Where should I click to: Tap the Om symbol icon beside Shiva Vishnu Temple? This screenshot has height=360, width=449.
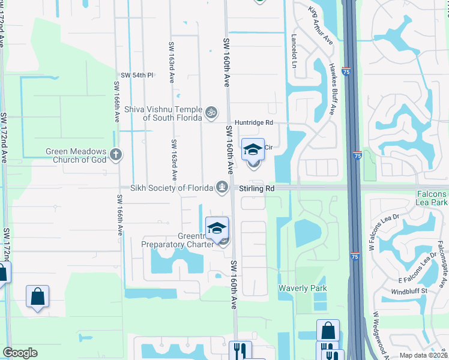click(x=211, y=112)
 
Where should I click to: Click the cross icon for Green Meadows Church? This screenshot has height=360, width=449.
click(x=116, y=155)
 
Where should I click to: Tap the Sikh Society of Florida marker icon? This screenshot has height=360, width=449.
click(x=223, y=187)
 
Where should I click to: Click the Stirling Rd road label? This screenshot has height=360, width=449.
click(x=257, y=188)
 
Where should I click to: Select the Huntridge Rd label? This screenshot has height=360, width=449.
click(x=254, y=122)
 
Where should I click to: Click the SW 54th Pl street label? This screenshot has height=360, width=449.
click(x=137, y=75)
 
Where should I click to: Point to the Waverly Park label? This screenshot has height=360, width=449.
click(x=303, y=289)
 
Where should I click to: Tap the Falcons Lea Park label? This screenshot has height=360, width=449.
click(x=433, y=199)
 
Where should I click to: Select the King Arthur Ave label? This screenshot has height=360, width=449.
click(x=321, y=26)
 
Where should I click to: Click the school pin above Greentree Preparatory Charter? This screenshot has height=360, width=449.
click(x=217, y=228)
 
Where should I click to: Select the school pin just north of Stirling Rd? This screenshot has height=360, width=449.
click(x=253, y=149)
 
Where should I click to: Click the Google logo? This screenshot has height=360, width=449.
click(x=20, y=353)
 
